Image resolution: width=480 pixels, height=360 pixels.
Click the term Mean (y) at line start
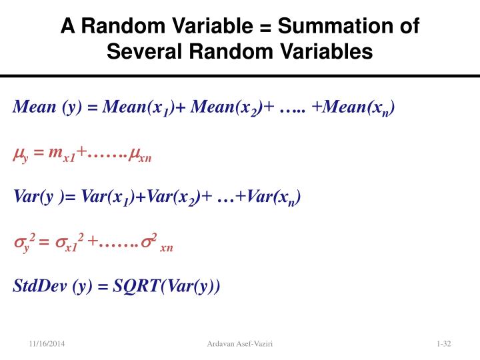coord(47,107)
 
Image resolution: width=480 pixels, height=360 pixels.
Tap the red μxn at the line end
coord(139,155)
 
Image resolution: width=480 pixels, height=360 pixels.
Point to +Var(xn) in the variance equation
coord(268,197)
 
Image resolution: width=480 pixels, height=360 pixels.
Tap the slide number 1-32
coord(444,343)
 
